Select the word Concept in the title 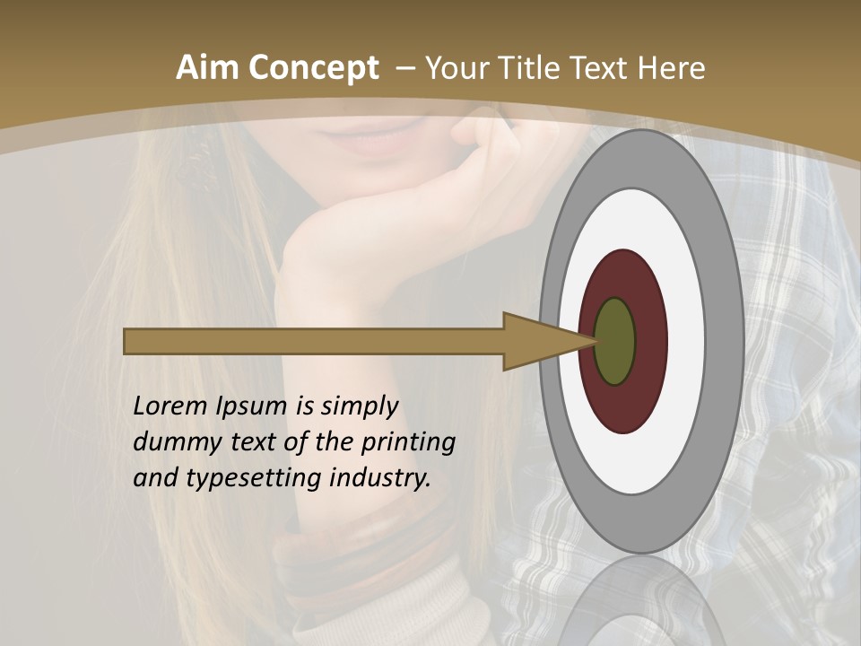314,67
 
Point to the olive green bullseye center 615,341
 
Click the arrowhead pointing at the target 538,341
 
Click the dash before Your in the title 404,67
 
